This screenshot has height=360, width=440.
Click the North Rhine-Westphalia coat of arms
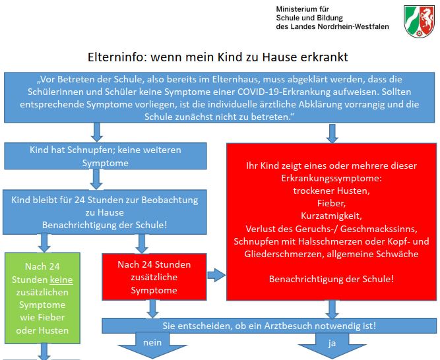point(420,21)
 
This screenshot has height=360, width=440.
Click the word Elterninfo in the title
point(116,57)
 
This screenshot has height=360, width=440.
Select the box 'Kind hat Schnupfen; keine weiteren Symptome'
point(106,156)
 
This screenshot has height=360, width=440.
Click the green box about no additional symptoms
point(42,298)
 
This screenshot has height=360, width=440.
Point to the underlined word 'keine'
point(61,280)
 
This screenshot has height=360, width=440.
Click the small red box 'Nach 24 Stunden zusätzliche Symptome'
point(154,277)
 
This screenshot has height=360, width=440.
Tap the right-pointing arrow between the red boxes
point(216,275)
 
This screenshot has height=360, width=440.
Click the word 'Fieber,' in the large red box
point(331,203)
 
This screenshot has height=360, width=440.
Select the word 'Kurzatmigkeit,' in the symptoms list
point(331,216)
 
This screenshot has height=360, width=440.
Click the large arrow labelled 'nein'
point(152,345)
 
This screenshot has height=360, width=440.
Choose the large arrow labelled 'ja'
point(332,345)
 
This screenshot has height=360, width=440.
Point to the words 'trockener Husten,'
point(331,191)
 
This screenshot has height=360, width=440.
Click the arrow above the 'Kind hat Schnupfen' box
point(97,132)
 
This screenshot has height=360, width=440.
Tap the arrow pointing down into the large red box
point(332,133)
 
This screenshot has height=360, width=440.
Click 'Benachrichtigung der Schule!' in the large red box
point(331,279)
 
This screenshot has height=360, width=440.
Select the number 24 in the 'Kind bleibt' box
point(79,200)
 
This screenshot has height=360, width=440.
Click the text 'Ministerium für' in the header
point(303,9)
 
